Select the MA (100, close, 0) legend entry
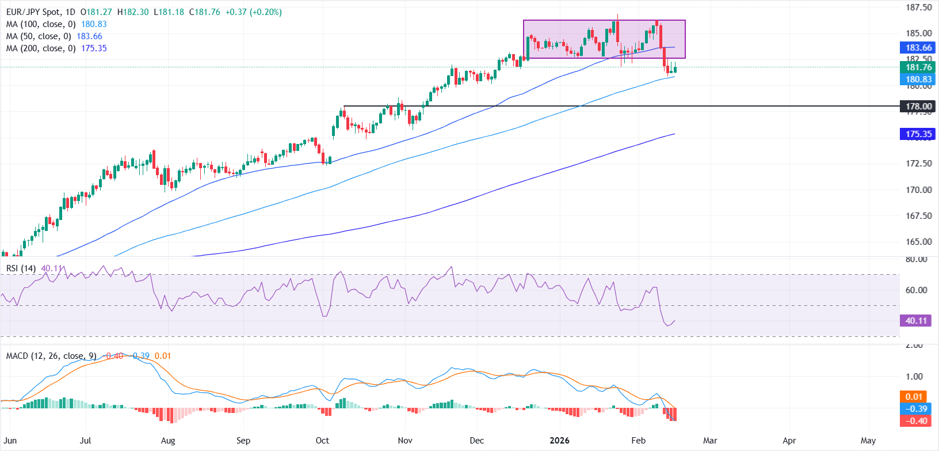click(x=40, y=24)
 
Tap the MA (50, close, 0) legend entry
click(x=38, y=36)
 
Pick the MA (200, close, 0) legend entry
click(x=40, y=48)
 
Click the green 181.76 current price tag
click(x=918, y=67)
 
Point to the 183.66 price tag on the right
click(x=918, y=48)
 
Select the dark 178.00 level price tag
click(x=918, y=106)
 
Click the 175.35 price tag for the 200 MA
click(x=918, y=134)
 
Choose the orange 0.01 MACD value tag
click(x=914, y=396)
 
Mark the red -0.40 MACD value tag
click(x=916, y=420)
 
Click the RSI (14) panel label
click(x=21, y=268)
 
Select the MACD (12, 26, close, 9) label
click(x=51, y=356)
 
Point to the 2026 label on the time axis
click(x=559, y=441)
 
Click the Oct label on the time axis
click(x=322, y=441)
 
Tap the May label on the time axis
click(x=868, y=441)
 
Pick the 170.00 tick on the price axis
click(x=919, y=190)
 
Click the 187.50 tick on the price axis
click(x=919, y=7)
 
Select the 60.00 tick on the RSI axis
click(x=916, y=290)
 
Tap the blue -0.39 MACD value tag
click(x=916, y=408)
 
